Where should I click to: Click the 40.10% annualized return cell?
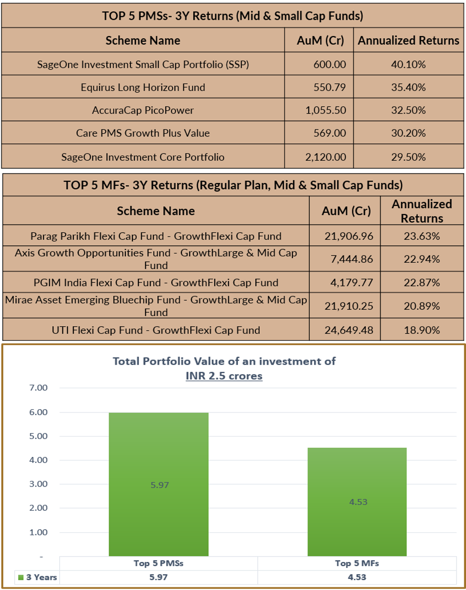point(408,65)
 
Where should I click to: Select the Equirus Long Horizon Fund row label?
point(143,87)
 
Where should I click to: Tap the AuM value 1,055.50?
point(326,110)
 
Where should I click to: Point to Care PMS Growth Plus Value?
point(143,133)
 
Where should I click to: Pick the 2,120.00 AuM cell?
point(326,157)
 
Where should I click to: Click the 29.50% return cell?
point(408,157)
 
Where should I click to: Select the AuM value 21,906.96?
point(349,236)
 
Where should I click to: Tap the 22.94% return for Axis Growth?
point(422,259)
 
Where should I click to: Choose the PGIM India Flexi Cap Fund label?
point(156,282)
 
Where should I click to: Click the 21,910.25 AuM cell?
point(349,306)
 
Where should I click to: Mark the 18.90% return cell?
point(422,330)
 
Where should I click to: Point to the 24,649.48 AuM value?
point(349,330)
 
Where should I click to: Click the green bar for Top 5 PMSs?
point(158,484)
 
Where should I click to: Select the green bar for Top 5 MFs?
point(357,502)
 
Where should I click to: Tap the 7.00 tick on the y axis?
point(38,388)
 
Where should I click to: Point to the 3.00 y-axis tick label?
point(38,484)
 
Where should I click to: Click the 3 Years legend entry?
point(38,577)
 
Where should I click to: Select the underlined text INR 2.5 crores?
point(224,376)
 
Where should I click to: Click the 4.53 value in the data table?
point(357,577)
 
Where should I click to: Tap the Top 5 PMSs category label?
point(158,563)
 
